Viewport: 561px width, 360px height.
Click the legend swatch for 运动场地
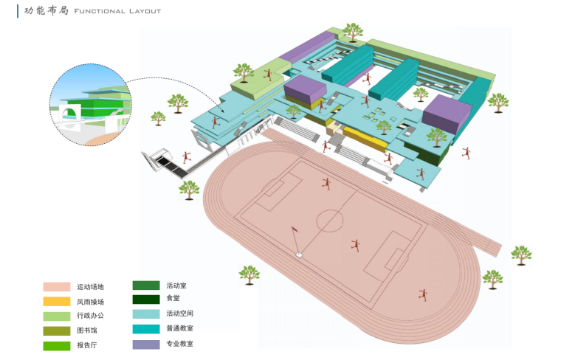56,287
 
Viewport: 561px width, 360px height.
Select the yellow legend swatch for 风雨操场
56,301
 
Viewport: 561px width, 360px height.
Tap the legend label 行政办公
90,316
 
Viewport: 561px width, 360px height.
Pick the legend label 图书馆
87,330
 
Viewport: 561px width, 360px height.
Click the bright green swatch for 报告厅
56,345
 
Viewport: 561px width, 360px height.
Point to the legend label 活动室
175,285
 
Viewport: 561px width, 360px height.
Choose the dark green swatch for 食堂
146,300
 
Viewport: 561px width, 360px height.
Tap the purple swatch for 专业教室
146,344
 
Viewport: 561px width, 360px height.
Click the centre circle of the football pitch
330,220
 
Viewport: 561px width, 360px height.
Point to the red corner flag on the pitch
295,232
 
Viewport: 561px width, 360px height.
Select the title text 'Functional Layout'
117,12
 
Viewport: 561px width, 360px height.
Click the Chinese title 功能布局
47,11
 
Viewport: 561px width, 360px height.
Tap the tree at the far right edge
521,255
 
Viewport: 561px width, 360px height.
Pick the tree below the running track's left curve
249,274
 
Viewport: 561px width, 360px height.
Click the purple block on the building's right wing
447,114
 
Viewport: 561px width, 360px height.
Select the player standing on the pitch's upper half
326,183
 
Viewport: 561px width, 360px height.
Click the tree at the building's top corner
352,32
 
